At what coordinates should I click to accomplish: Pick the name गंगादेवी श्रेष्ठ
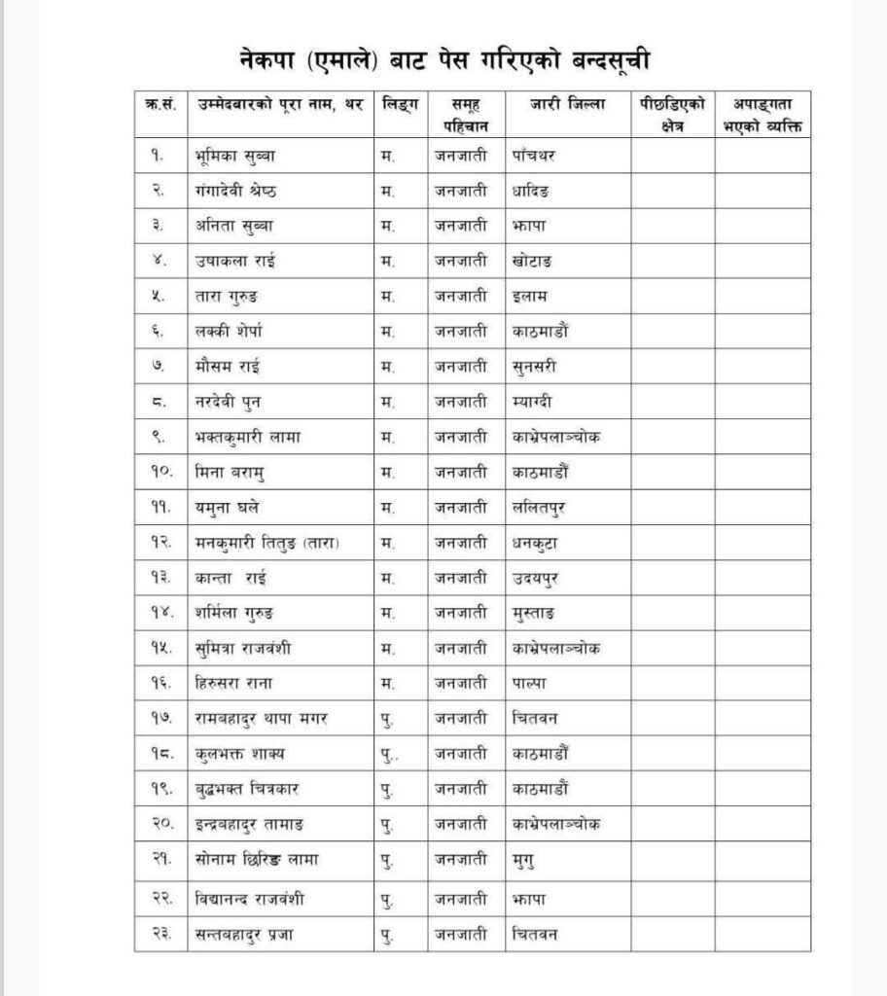pos(248,193)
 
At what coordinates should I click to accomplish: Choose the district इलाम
pos(532,295)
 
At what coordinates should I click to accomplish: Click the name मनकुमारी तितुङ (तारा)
pos(268,543)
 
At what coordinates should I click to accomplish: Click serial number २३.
pos(162,935)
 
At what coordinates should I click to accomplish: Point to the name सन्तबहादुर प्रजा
pos(247,935)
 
